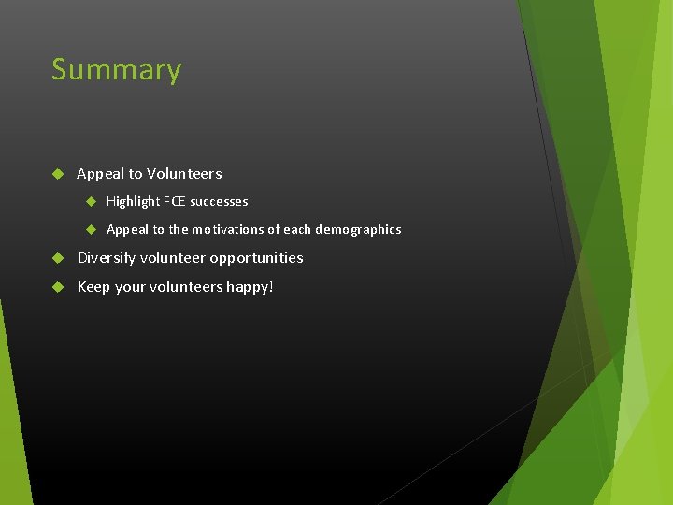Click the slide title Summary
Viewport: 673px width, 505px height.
[x=116, y=70]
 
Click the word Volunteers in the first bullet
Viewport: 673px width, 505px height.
[x=184, y=173]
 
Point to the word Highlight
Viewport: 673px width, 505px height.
[x=133, y=201]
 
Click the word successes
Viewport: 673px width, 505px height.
[x=219, y=201]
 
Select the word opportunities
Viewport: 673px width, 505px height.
[x=256, y=258]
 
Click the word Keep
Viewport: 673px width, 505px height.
[x=93, y=286]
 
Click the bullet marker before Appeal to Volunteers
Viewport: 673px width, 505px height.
[x=57, y=173]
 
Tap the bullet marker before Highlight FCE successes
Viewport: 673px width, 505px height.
[x=92, y=201]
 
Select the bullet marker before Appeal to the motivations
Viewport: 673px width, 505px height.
[x=92, y=229]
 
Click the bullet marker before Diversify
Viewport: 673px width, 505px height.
[x=57, y=257]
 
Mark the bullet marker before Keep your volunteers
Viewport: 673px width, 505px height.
[x=57, y=286]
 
